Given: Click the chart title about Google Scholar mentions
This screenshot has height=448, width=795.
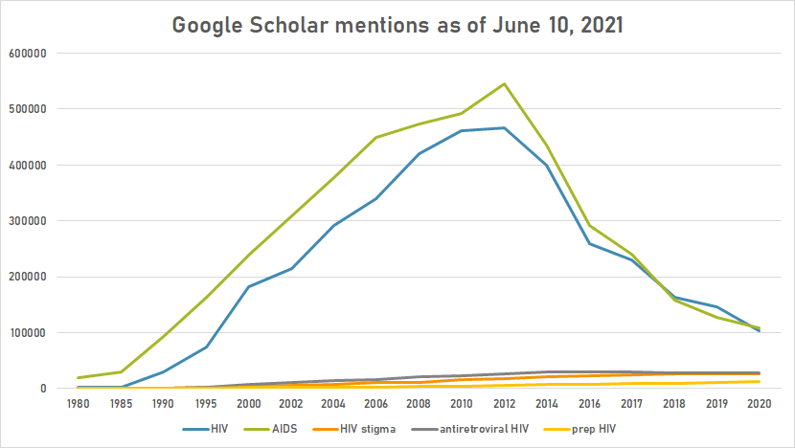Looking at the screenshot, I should (397, 25).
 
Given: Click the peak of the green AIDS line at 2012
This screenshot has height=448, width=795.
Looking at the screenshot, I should (505, 83).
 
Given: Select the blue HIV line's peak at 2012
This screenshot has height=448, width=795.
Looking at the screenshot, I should (505, 127).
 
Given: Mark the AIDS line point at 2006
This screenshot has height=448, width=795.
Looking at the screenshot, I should (375, 137).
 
